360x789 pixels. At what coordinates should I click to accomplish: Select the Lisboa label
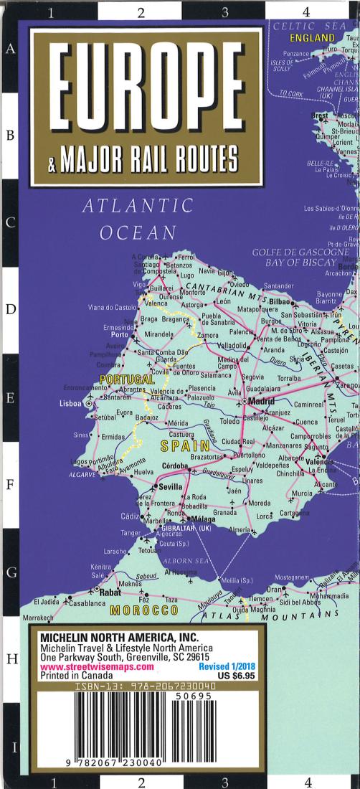tap(72, 404)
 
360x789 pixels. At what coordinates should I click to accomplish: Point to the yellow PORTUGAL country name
tap(128, 378)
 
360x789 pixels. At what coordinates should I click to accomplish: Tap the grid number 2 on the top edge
tap(141, 11)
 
